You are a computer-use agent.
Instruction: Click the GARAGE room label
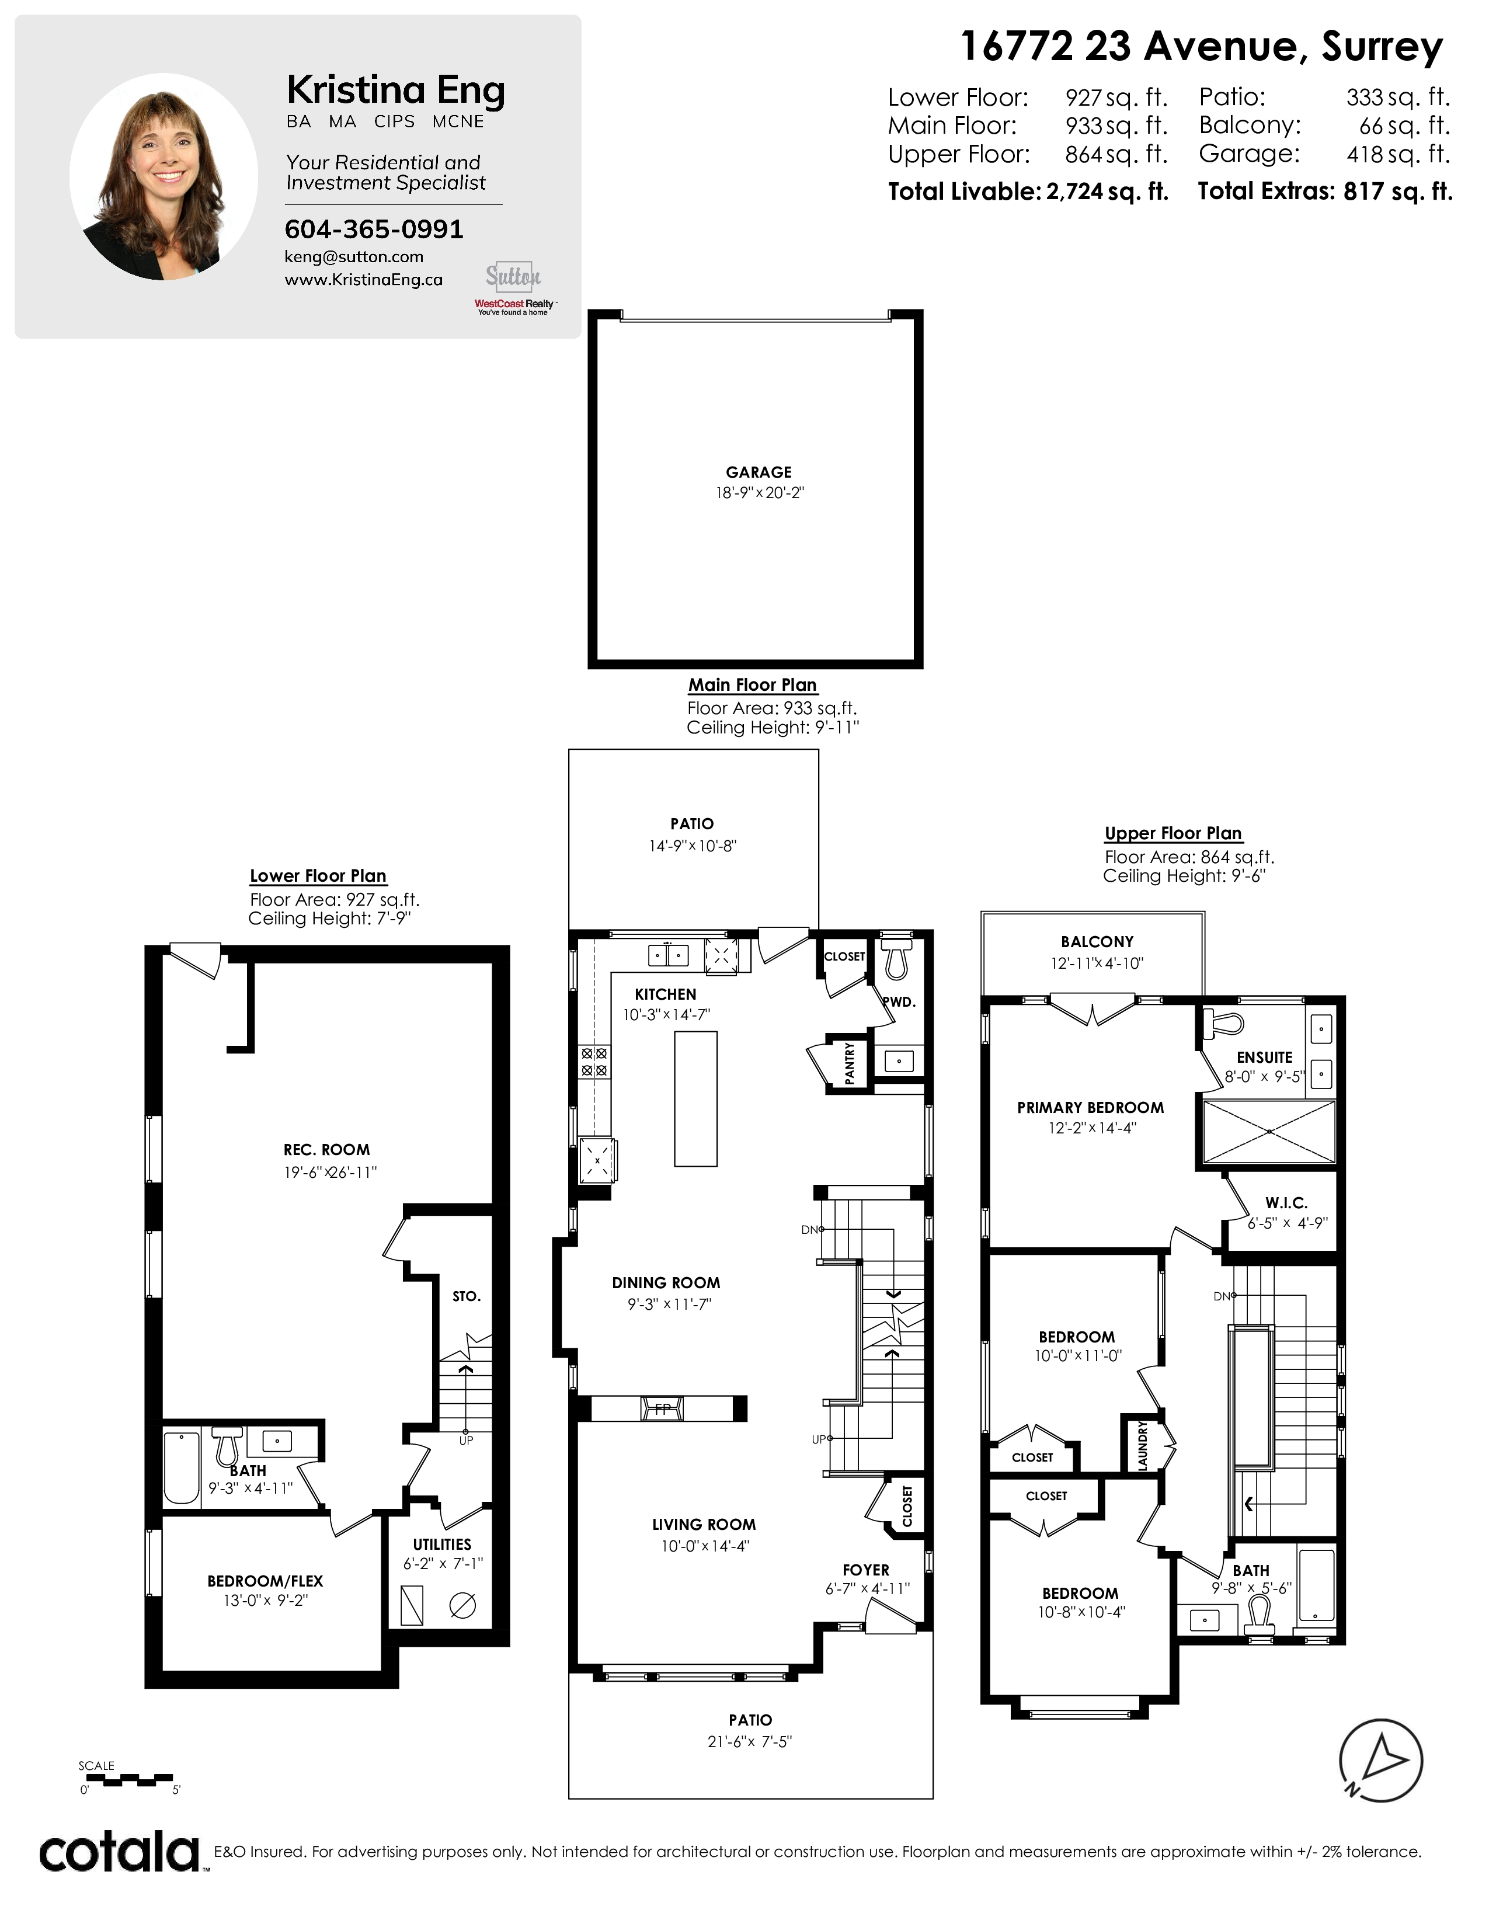[759, 472]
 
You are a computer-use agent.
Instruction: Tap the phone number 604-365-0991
[374, 229]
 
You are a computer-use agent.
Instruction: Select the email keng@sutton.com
[354, 257]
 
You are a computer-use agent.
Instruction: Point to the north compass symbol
[1380, 1759]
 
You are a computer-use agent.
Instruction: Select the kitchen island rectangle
[696, 1098]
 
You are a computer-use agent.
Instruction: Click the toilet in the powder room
[896, 956]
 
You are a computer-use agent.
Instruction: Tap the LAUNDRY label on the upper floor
[1142, 1444]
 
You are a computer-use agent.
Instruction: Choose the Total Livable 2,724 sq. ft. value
[1108, 192]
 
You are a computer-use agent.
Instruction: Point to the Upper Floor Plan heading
[1173, 833]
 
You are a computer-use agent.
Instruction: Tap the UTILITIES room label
[442, 1544]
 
